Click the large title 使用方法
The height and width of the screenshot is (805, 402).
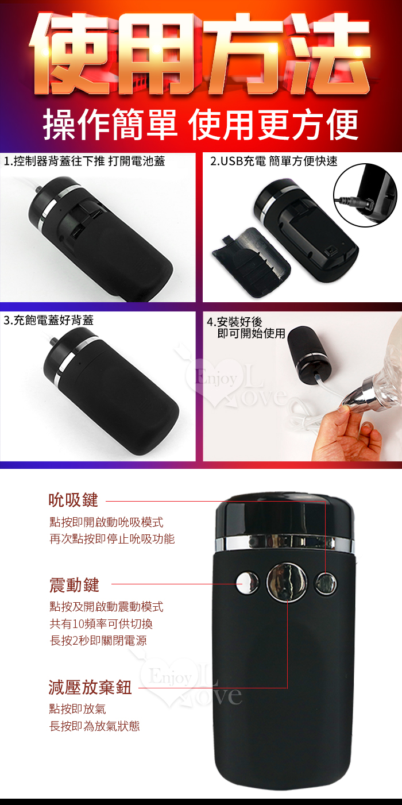(200, 54)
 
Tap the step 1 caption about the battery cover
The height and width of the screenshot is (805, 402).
(84, 161)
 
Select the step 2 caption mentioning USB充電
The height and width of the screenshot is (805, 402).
(274, 161)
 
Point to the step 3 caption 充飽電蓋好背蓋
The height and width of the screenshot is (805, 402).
(48, 320)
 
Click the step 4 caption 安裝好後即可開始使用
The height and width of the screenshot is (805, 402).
(246, 328)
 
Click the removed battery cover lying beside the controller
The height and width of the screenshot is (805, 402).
(251, 261)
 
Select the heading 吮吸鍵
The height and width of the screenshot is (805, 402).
(74, 500)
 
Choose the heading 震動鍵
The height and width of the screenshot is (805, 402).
(74, 585)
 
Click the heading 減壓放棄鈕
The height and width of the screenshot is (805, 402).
(90, 687)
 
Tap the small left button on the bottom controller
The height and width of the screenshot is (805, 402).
(247, 583)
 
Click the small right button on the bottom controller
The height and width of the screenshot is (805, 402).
(326, 583)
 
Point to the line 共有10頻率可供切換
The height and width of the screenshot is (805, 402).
(101, 623)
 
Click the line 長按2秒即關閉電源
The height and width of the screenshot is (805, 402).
(98, 641)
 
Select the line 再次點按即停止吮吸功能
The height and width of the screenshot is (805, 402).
(112, 539)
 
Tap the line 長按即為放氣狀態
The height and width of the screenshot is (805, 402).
(95, 726)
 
